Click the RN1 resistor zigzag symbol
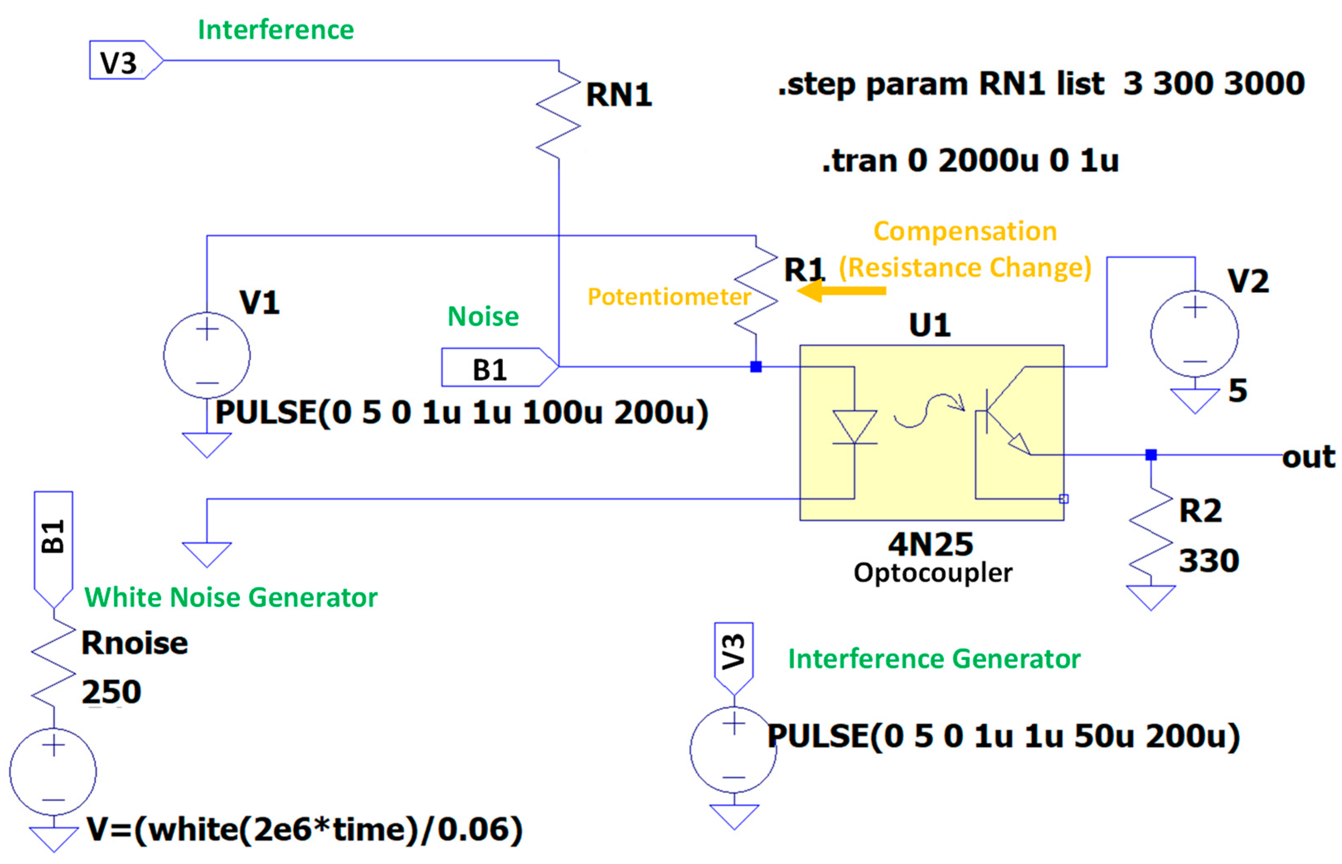pos(558,115)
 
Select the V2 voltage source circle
pos(1194,334)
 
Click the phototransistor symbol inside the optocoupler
pos(1004,415)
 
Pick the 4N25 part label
pos(930,544)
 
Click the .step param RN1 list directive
pos(1041,84)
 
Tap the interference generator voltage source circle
pos(733,750)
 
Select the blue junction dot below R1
pos(756,367)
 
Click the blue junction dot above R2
pos(1151,455)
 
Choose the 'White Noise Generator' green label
pos(230,598)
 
